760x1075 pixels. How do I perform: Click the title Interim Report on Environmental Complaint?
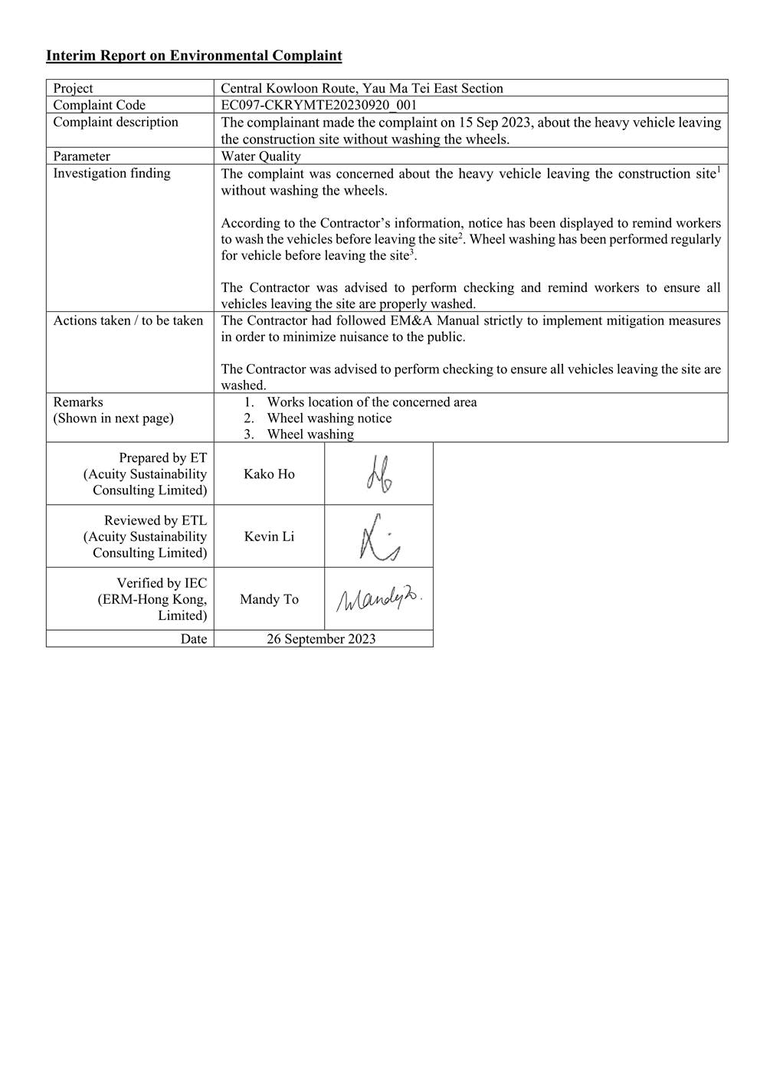(x=194, y=55)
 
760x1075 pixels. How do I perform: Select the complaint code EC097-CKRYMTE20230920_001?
(x=319, y=105)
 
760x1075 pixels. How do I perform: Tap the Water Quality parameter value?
(x=260, y=156)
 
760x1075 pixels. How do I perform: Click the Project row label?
(x=73, y=88)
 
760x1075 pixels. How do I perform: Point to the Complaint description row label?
(x=115, y=122)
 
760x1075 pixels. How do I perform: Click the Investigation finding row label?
(x=111, y=173)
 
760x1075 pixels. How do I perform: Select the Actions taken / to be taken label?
(x=128, y=320)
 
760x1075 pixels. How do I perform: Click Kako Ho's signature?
(x=379, y=474)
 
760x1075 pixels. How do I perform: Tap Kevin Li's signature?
(x=379, y=536)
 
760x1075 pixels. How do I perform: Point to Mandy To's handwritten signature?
(x=379, y=598)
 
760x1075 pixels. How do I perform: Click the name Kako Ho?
(x=269, y=474)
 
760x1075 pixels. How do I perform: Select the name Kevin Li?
(x=269, y=536)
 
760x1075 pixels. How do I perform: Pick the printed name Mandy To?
(x=269, y=599)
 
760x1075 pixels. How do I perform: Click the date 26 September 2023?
(x=321, y=638)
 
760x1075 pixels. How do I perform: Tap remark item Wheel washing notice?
(x=329, y=418)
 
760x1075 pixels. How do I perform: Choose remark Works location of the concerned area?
(x=372, y=402)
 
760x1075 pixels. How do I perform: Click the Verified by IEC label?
(x=161, y=583)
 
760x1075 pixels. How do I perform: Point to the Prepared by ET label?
(x=162, y=457)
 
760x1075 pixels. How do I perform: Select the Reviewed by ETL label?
(x=155, y=520)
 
